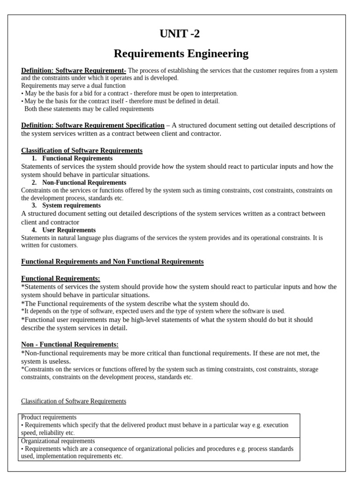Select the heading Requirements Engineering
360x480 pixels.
coord(181,54)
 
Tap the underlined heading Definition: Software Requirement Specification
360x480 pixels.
coord(93,125)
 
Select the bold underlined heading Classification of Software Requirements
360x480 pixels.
coord(82,150)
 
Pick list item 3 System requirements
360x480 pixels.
coord(71,205)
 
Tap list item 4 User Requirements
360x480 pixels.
coord(69,230)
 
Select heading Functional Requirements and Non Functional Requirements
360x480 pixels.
coord(112,262)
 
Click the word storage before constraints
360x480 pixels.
coord(308,369)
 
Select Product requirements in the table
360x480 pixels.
coord(49,417)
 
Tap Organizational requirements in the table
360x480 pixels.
coord(58,441)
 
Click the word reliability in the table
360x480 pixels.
coord(52,433)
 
